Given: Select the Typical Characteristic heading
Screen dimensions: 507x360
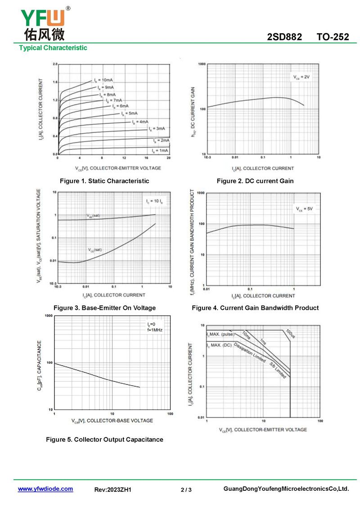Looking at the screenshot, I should pyautogui.click(x=53, y=48).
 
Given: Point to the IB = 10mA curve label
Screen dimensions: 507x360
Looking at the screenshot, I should pyautogui.click(x=103, y=80).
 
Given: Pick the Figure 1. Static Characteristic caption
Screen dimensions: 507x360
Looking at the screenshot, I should pyautogui.click(x=104, y=181).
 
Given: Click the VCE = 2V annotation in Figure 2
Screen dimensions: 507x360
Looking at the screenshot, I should pyautogui.click(x=301, y=77).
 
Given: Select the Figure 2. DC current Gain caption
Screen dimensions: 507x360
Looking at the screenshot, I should pyautogui.click(x=255, y=181).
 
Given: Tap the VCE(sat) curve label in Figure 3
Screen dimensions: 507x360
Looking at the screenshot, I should pyautogui.click(x=95, y=249).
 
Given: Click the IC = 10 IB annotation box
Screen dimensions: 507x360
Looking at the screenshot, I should pyautogui.click(x=154, y=201).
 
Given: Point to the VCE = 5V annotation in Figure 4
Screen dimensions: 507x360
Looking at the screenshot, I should pyautogui.click(x=304, y=209).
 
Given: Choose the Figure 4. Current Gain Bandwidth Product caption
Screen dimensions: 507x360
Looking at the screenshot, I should pyautogui.click(x=255, y=308).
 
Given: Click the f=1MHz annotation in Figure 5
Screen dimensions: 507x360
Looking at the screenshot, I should pyautogui.click(x=155, y=330).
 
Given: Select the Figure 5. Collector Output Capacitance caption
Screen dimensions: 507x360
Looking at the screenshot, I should pyautogui.click(x=104, y=439).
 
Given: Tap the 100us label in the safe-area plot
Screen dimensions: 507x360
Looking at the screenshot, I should pyautogui.click(x=290, y=334).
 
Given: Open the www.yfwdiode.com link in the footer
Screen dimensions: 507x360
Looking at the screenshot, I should pyautogui.click(x=45, y=489).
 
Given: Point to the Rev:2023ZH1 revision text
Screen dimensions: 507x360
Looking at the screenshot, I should pyautogui.click(x=113, y=489).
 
